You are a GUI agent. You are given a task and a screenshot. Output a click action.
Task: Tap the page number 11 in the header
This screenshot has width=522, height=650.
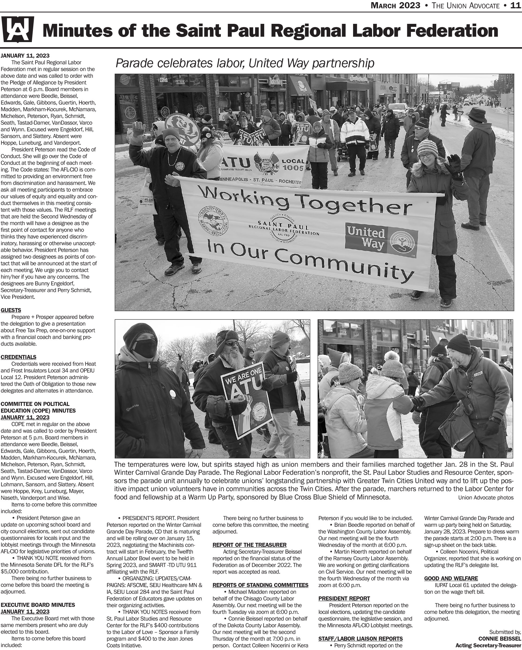click(x=516, y=5)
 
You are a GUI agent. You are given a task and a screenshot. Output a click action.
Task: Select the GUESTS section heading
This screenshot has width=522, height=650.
click(x=11, y=310)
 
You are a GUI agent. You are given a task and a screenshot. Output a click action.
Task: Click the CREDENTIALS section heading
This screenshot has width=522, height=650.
click(x=18, y=357)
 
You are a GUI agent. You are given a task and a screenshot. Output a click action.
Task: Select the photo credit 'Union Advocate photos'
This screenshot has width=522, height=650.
click(x=486, y=498)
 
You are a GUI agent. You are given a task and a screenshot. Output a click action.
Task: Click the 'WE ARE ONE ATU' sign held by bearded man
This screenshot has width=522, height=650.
click(x=246, y=401)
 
